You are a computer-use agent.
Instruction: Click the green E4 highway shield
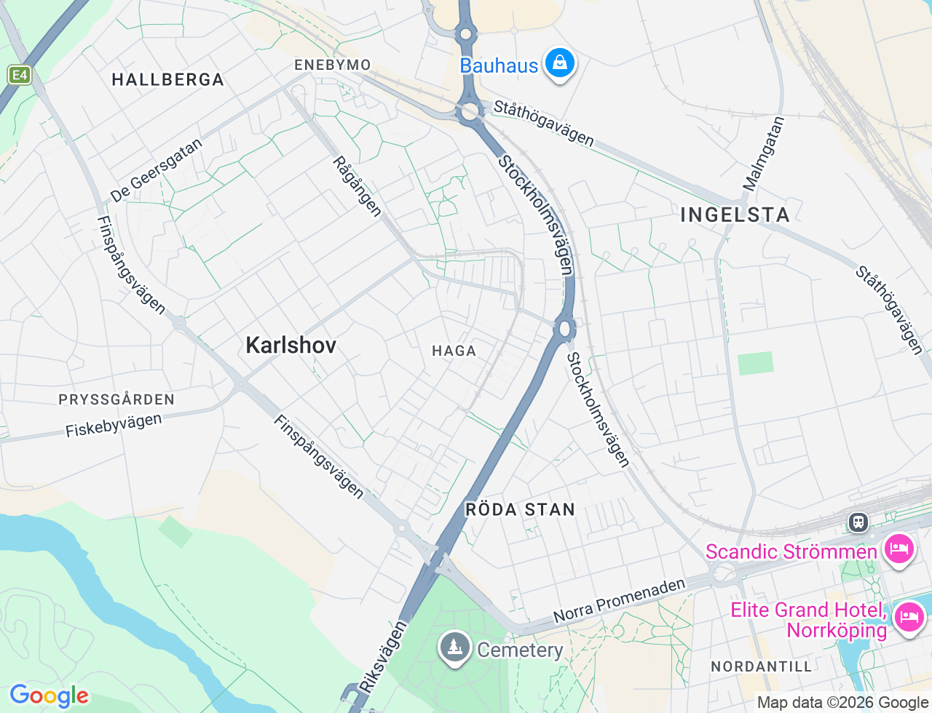pyautogui.click(x=20, y=75)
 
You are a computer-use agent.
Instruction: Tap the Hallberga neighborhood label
pyautogui.click(x=167, y=80)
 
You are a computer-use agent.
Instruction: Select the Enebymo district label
pyautogui.click(x=333, y=65)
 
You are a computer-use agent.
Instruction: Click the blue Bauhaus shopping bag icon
pyautogui.click(x=559, y=64)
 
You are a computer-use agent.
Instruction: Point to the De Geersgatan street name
pyautogui.click(x=156, y=171)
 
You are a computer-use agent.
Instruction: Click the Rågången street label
pyautogui.click(x=357, y=186)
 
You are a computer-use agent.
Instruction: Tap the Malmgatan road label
pyautogui.click(x=764, y=154)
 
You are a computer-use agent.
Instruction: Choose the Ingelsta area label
pyautogui.click(x=735, y=215)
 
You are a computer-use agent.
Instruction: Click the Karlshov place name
pyautogui.click(x=291, y=345)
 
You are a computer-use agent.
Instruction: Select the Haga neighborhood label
pyautogui.click(x=454, y=351)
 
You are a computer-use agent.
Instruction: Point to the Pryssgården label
pyautogui.click(x=116, y=399)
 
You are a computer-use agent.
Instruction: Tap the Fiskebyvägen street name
pyautogui.click(x=114, y=425)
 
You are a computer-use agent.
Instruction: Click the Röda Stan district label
pyautogui.click(x=520, y=509)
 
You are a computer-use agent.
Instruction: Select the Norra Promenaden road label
pyautogui.click(x=619, y=601)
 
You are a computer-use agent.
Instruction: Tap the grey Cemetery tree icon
pyautogui.click(x=455, y=648)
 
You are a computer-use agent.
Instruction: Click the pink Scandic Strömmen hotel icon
pyautogui.click(x=899, y=549)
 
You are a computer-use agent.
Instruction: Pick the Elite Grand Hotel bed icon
pyautogui.click(x=909, y=618)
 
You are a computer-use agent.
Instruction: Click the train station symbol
pyautogui.click(x=858, y=522)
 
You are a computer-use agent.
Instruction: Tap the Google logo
pyautogui.click(x=49, y=696)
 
